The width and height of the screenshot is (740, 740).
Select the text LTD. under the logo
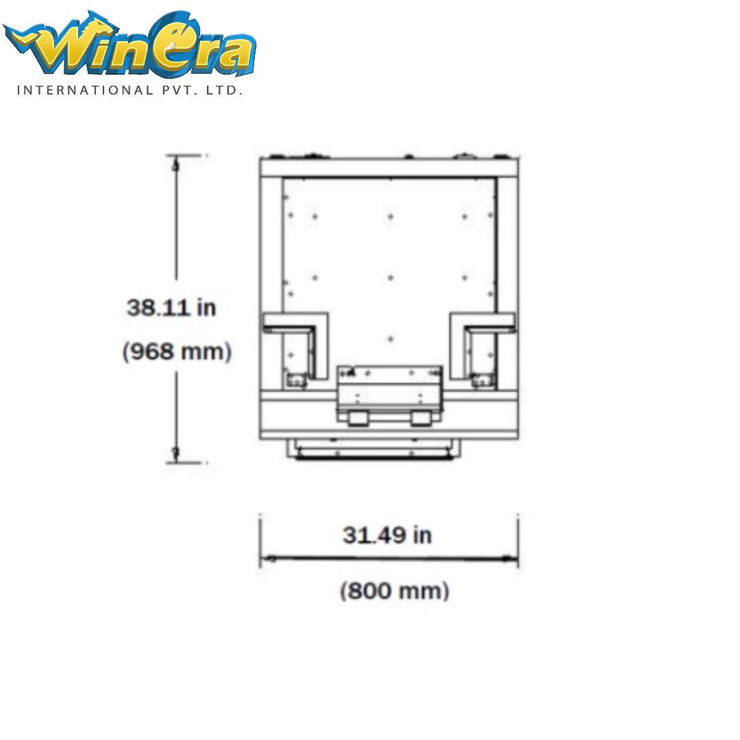pos(224,90)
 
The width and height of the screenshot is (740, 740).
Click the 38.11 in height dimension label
pos(171,308)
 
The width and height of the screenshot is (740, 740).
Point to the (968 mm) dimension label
pos(177,351)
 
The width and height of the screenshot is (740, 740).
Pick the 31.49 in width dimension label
pos(387,535)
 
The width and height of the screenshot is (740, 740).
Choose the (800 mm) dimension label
pos(395,591)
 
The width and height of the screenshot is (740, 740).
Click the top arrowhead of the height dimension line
pos(176,164)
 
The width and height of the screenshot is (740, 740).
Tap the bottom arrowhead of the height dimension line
pos(176,454)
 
